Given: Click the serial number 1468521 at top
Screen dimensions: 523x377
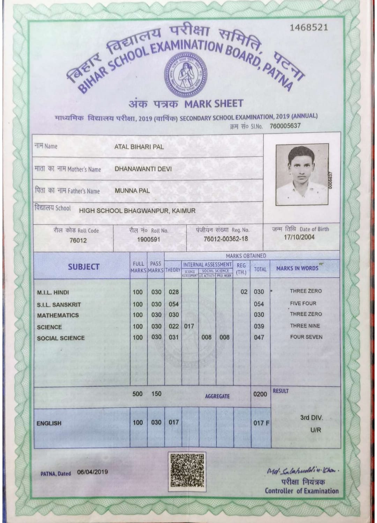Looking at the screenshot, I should pyautogui.click(x=309, y=28).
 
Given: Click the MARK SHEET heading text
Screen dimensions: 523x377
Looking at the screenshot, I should pyautogui.click(x=213, y=104).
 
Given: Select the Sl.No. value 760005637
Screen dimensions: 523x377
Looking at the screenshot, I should pyautogui.click(x=285, y=126).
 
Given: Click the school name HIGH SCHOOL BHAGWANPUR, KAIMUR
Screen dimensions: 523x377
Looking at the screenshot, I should pyautogui.click(x=137, y=211).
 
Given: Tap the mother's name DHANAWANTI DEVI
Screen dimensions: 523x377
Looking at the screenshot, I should pyautogui.click(x=143, y=169).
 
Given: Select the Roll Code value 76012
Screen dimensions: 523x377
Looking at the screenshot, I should pyautogui.click(x=78, y=241).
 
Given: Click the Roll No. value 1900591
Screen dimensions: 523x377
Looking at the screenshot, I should pyautogui.click(x=148, y=240).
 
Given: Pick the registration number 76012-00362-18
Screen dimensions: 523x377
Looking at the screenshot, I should pyautogui.click(x=226, y=239).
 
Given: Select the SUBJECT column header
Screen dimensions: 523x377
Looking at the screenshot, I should pyautogui.click(x=84, y=267).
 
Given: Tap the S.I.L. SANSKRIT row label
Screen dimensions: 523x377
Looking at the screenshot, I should pyautogui.click(x=59, y=305).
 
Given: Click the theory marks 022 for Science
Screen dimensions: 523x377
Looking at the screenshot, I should pyautogui.click(x=173, y=326).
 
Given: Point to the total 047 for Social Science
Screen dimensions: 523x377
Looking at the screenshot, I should pyautogui.click(x=259, y=337).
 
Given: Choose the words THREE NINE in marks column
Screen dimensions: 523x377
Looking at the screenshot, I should pyautogui.click(x=305, y=326).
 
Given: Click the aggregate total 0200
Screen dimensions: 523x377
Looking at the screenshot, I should pyautogui.click(x=260, y=395).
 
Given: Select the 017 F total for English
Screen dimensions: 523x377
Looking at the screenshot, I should pyautogui.click(x=261, y=423).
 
